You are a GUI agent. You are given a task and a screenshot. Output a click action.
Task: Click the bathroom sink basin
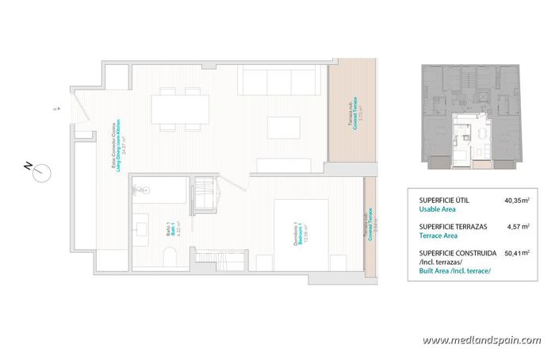(143, 230)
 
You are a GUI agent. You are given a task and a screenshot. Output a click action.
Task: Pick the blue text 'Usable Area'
(437, 210)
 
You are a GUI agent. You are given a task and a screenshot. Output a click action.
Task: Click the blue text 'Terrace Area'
(438, 236)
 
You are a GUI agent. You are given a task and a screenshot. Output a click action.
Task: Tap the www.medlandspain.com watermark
(481, 341)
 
